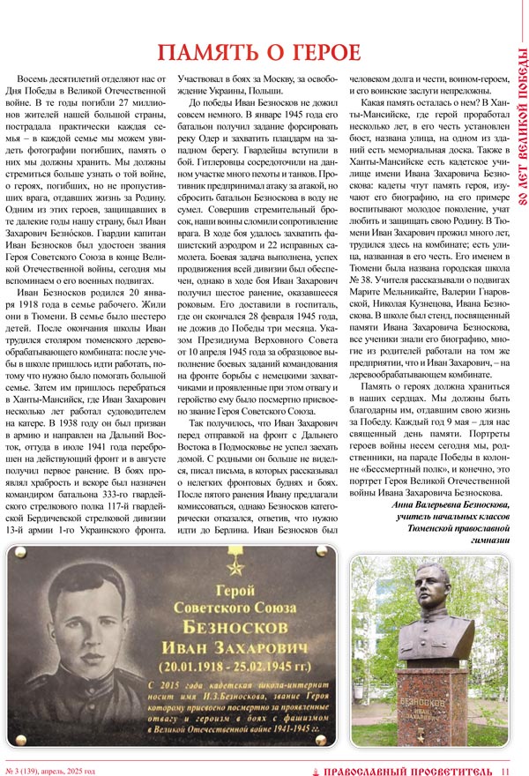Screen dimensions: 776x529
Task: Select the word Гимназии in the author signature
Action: (x=487, y=536)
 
